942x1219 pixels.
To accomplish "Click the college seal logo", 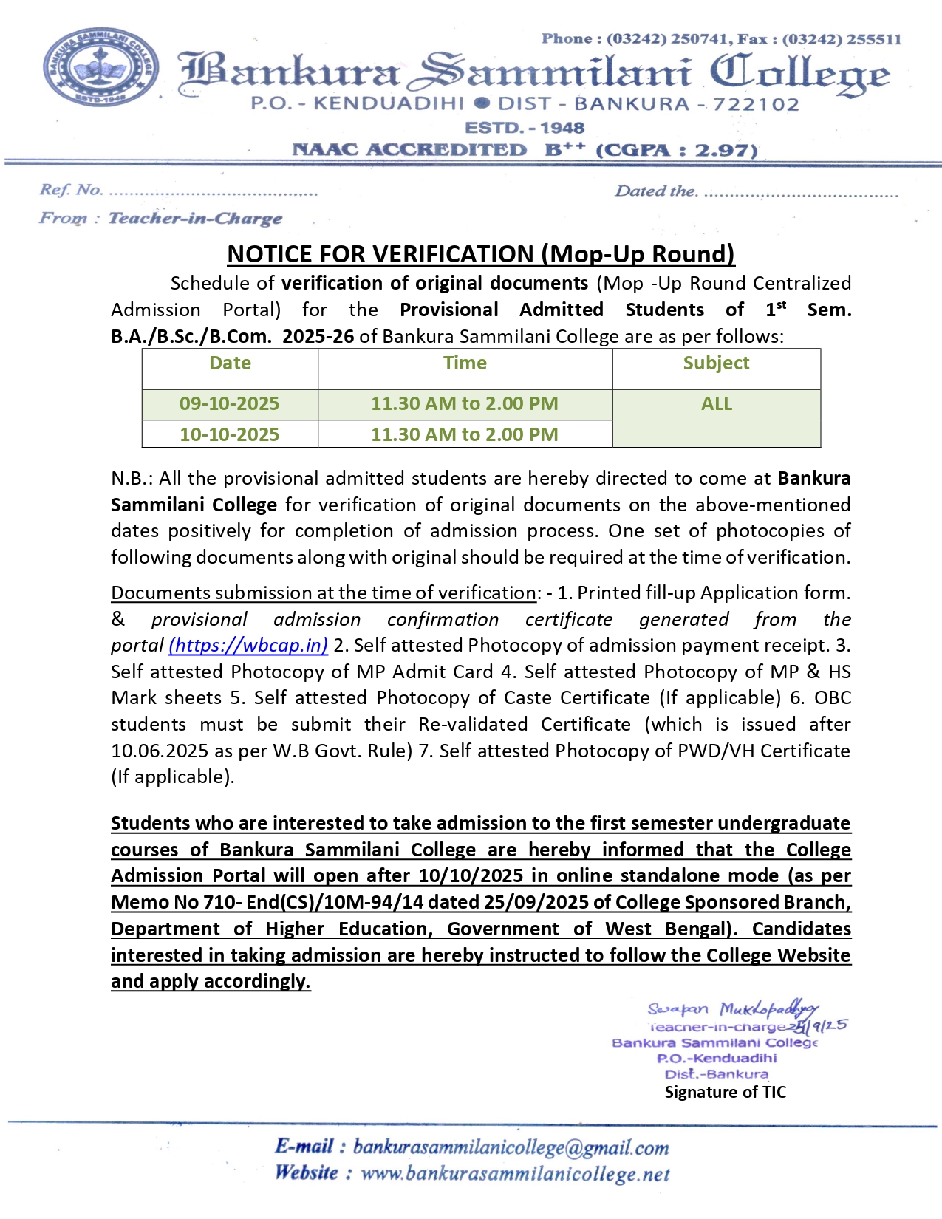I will [x=100, y=69].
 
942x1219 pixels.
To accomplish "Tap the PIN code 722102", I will [x=757, y=105].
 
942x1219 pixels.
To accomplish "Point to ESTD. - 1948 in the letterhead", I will [x=524, y=128].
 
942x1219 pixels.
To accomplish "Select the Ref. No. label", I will [x=71, y=190].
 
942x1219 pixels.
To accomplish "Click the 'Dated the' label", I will [x=655, y=191].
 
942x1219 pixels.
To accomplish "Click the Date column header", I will [x=230, y=363].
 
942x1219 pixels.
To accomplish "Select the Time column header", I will [x=465, y=363].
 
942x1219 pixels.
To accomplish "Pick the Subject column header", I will [x=716, y=363].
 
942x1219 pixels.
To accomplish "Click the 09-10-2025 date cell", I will [x=229, y=403].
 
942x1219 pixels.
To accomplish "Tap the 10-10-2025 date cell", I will [x=229, y=434].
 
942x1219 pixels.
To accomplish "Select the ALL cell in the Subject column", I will [x=716, y=403].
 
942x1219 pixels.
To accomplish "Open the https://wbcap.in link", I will [x=248, y=645].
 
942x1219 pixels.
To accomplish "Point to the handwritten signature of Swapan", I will [x=731, y=1009].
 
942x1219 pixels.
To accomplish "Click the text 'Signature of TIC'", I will [x=725, y=1092].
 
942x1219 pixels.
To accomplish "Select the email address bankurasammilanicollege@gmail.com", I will [x=511, y=1147].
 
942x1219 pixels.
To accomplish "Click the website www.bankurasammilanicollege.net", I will [x=515, y=1174].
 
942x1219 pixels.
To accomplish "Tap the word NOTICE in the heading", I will [x=270, y=254].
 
